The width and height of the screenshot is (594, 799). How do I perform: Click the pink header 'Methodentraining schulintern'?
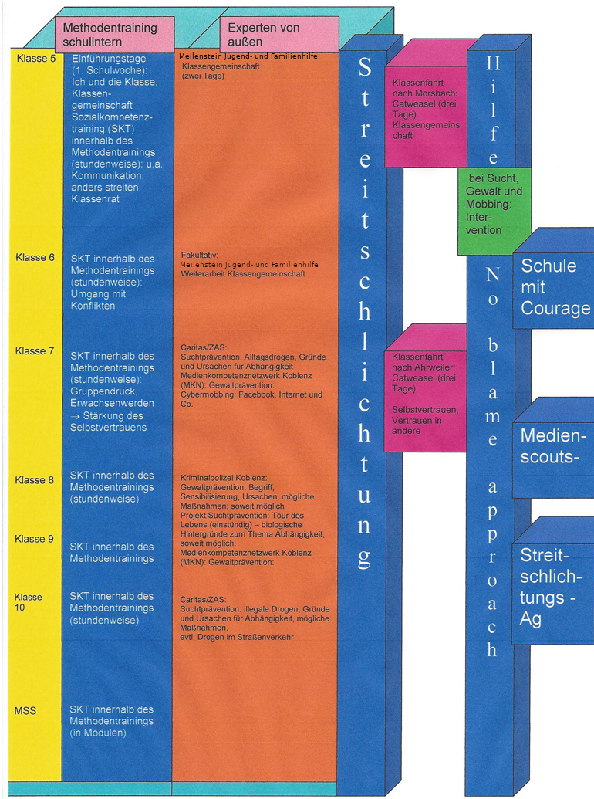pos(114,34)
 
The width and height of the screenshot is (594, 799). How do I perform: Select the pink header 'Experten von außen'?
pos(279,34)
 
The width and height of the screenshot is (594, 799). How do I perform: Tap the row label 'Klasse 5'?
pos(36,58)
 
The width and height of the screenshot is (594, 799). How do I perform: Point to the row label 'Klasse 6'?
pos(35,257)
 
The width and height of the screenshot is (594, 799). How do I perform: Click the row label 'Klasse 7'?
pos(35,351)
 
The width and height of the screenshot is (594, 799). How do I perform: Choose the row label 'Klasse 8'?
pos(34,480)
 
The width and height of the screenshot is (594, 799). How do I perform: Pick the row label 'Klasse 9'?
pos(34,539)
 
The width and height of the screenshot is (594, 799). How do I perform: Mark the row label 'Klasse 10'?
pos(28,602)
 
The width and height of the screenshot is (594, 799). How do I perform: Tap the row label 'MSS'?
pos(25,711)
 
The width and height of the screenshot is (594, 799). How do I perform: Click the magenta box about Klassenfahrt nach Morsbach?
pos(426,116)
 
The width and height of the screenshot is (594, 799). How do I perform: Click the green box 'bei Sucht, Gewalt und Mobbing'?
pos(494,211)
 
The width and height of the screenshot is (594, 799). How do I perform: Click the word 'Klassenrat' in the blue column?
pos(95,199)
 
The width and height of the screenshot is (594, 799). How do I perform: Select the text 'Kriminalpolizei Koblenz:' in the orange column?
pos(224,478)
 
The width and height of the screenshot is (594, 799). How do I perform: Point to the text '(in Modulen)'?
pos(99,733)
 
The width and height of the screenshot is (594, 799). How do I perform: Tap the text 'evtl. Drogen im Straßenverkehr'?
pos(237,637)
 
